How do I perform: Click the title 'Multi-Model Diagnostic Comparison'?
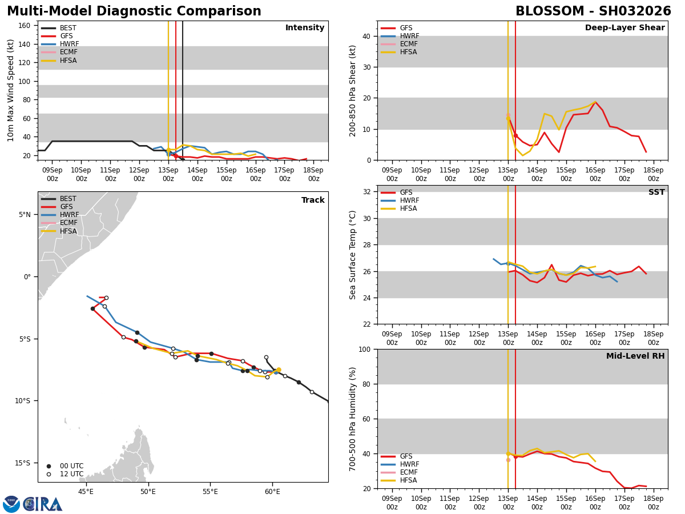134,11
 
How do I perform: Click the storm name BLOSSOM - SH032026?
593,11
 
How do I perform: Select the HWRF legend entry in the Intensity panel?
69,44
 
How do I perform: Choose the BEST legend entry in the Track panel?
68,199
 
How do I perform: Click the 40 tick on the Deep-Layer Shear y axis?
366,36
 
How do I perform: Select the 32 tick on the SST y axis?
366,192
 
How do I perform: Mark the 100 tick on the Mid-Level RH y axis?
364,349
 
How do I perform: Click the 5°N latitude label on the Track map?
25,215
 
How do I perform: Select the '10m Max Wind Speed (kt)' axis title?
11,90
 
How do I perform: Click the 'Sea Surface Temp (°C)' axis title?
353,255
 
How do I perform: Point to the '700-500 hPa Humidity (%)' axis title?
353,419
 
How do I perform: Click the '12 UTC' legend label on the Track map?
71,474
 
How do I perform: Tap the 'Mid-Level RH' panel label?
635,356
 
